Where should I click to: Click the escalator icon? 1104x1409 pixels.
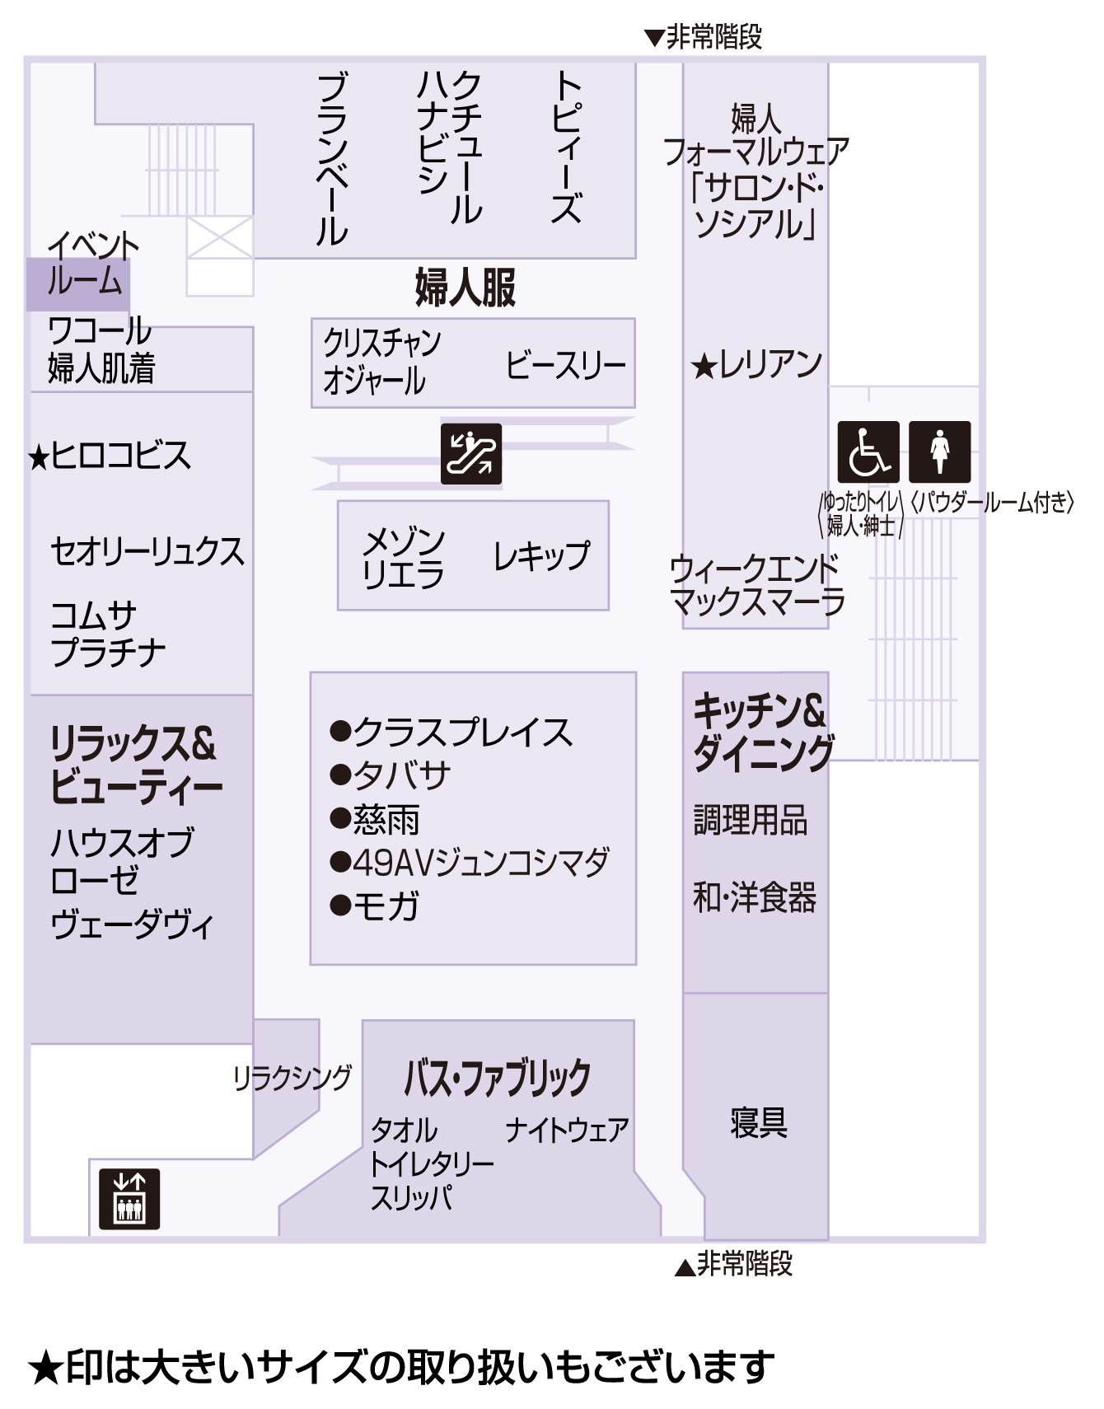pyautogui.click(x=471, y=453)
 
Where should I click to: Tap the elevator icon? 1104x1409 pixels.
pyautogui.click(x=129, y=1199)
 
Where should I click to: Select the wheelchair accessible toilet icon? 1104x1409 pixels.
pyautogui.click(x=868, y=452)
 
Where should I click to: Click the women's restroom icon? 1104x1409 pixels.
pyautogui.click(x=940, y=452)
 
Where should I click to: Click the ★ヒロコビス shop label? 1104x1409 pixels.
pyautogui.click(x=109, y=456)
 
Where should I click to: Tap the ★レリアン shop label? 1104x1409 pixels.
pyautogui.click(x=756, y=364)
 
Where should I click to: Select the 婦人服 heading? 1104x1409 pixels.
pyautogui.click(x=465, y=288)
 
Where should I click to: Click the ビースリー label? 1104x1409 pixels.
pyautogui.click(x=566, y=365)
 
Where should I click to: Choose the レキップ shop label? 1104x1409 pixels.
pyautogui.click(x=541, y=556)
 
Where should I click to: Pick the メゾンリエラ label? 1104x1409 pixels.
pyautogui.click(x=404, y=558)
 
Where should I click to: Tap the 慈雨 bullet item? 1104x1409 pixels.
pyautogui.click(x=375, y=819)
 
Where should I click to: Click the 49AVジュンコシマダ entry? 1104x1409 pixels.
pyautogui.click(x=470, y=862)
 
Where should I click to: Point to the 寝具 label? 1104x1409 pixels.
pyautogui.click(x=759, y=1122)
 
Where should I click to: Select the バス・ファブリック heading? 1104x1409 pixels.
pyautogui.click(x=498, y=1078)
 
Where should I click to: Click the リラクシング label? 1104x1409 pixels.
pyautogui.click(x=292, y=1077)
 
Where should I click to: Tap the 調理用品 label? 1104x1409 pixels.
pyautogui.click(x=751, y=820)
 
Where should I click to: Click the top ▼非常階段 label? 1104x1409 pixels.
pyautogui.click(x=704, y=37)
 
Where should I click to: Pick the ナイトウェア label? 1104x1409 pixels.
pyautogui.click(x=567, y=1130)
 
